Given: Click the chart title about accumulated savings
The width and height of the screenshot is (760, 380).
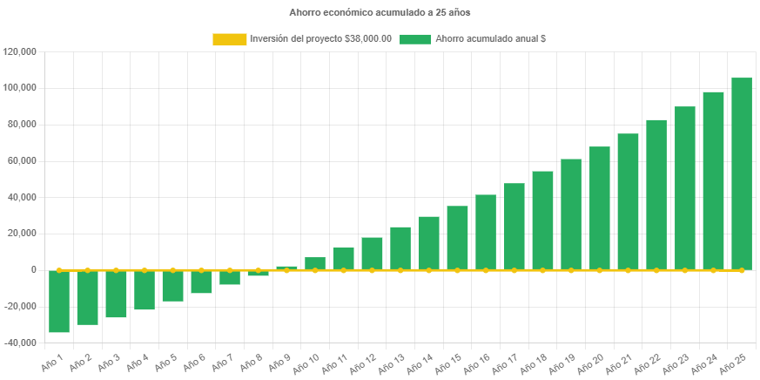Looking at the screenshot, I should point(380,12).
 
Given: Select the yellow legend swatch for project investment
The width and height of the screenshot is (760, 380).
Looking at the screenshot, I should point(230,39).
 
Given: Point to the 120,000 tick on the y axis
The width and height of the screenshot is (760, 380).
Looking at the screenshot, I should point(20,51).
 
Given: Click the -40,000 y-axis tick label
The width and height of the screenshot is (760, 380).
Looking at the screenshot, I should point(20,343).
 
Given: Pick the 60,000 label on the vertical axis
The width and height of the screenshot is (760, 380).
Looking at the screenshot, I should point(22,160).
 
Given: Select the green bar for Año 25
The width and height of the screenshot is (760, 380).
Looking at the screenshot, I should point(742,174).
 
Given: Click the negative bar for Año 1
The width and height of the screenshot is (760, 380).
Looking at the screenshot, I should point(59,301).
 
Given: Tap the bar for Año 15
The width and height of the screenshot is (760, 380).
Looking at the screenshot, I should point(457,238).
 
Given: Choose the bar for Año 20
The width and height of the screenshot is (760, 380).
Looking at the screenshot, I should point(600,208).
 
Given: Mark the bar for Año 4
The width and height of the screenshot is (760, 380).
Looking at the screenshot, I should point(145,290).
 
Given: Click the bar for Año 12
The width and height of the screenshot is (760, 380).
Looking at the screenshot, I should point(372,254).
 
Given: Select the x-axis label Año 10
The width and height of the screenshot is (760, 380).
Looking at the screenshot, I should point(306,362).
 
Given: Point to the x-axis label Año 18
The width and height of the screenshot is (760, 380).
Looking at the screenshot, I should point(534,362).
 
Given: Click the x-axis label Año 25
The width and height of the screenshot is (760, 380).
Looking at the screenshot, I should point(733,362).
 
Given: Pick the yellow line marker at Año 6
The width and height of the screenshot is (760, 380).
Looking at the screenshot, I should point(201,270).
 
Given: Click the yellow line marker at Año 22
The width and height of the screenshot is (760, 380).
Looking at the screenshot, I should point(656,270).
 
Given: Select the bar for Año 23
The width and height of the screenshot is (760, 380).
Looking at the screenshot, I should point(685,188).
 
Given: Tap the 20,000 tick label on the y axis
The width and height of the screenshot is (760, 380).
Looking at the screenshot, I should point(22,234).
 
